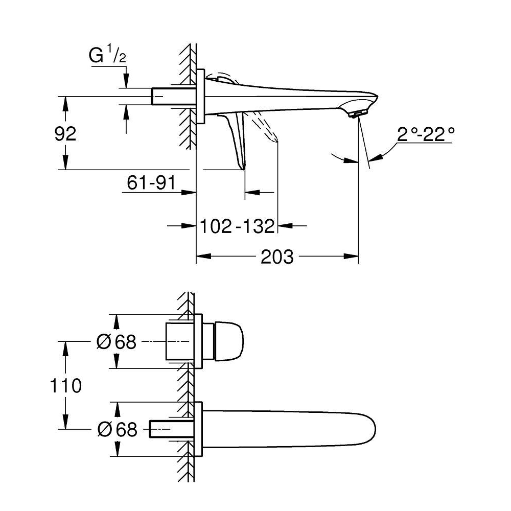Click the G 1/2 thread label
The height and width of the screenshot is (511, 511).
point(107,55)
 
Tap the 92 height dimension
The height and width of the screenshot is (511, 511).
point(65,133)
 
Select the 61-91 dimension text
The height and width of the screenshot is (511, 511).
point(151,182)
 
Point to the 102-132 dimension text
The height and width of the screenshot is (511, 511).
point(237,226)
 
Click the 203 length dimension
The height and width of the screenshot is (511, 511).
point(277,257)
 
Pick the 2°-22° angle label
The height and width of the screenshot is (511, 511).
point(425,134)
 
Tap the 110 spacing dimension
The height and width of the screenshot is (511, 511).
point(65,385)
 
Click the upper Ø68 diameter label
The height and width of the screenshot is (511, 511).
point(117,342)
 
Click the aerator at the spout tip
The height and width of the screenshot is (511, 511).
point(358,113)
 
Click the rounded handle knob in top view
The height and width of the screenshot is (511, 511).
point(229,341)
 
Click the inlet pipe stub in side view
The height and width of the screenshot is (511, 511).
point(174,96)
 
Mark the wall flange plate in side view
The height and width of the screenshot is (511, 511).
point(200,96)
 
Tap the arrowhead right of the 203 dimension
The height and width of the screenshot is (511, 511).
point(351,256)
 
